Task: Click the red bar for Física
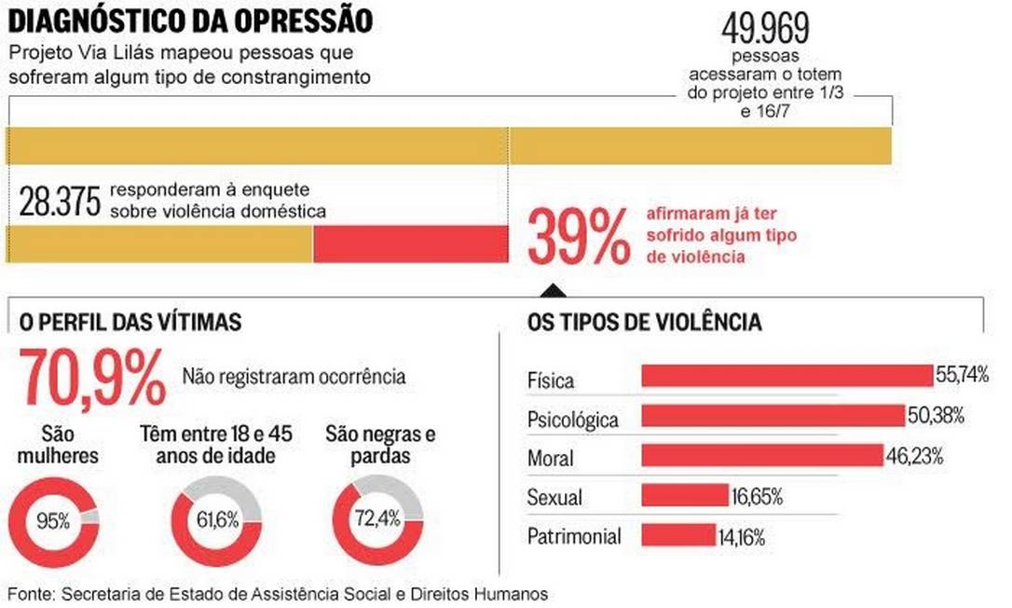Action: click(786, 375)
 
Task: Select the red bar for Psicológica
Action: click(773, 415)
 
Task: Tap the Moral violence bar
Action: click(761, 455)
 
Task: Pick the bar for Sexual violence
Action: click(684, 494)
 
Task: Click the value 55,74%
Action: click(962, 375)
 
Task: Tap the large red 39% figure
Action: click(579, 238)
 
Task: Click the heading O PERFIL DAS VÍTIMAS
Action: click(130, 323)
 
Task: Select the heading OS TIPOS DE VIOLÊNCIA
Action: click(645, 323)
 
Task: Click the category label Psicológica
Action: click(572, 420)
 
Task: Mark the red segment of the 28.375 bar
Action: click(410, 244)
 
